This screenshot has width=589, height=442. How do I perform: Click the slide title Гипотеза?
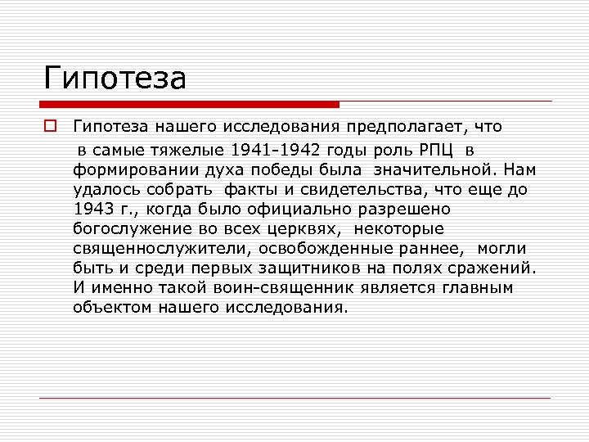(x=115, y=79)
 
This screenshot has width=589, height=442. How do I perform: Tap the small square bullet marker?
(x=50, y=126)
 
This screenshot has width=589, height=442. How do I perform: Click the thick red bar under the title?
(x=190, y=105)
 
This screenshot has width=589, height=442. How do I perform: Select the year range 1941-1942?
(x=277, y=150)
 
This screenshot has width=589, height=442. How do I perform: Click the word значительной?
(x=434, y=169)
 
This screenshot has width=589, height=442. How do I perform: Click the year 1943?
(x=90, y=209)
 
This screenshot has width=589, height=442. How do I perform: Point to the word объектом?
(x=109, y=308)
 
